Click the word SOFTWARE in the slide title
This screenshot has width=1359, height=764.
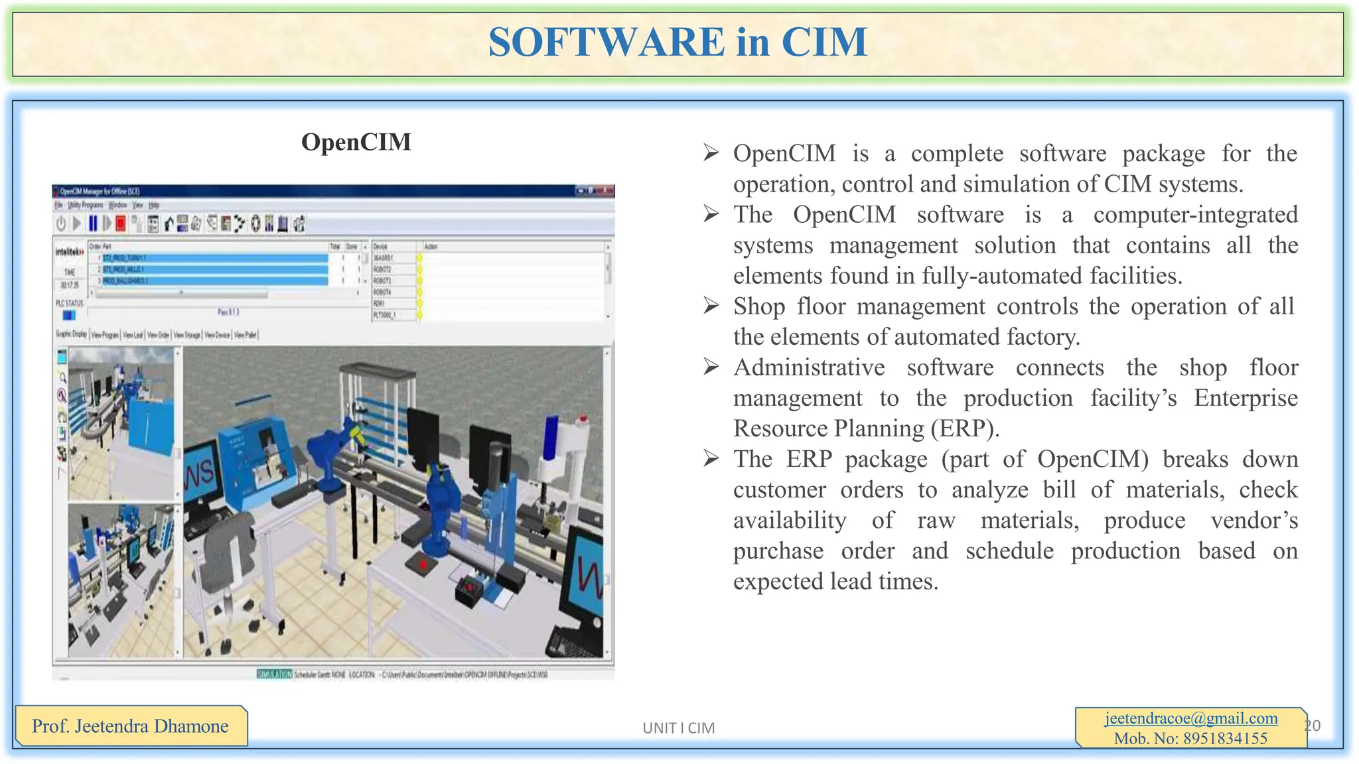pyautogui.click(x=606, y=42)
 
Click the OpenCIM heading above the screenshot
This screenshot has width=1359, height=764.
pyautogui.click(x=356, y=142)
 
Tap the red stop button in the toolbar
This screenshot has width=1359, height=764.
pyautogui.click(x=121, y=223)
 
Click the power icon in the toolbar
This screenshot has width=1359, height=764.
pyautogui.click(x=61, y=223)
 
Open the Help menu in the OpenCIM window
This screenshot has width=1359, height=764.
pyautogui.click(x=154, y=206)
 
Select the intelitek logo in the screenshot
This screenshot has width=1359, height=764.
pyautogui.click(x=69, y=252)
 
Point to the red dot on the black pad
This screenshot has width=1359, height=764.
pyautogui.click(x=423, y=564)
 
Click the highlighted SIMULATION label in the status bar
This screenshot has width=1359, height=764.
pyautogui.click(x=274, y=674)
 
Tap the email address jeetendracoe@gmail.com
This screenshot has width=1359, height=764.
pyautogui.click(x=1191, y=718)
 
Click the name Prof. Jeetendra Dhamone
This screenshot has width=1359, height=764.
pyautogui.click(x=130, y=726)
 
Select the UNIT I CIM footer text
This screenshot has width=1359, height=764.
pyautogui.click(x=678, y=728)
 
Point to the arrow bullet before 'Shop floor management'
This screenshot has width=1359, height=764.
pyautogui.click(x=711, y=306)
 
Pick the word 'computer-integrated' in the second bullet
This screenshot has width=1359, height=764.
pyautogui.click(x=1195, y=215)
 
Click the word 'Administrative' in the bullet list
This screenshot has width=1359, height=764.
pyautogui.click(x=809, y=367)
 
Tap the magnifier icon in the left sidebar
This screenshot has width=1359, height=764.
pyautogui.click(x=62, y=377)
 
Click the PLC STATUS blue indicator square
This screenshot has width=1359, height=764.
pyautogui.click(x=68, y=315)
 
